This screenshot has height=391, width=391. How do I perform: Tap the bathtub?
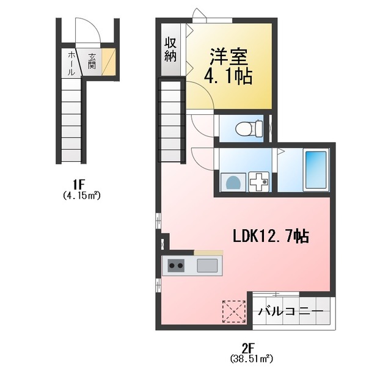pos(316,169)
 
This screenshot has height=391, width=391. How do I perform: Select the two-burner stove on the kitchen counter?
pos(177,266)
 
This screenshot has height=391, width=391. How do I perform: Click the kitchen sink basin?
pos(206,266)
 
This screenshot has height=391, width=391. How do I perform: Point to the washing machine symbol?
pos(233,181)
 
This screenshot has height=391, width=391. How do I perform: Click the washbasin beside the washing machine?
pos(259,181)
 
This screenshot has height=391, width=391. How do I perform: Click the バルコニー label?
pos(290,312)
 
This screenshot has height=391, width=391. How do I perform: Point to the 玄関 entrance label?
pos(92,61)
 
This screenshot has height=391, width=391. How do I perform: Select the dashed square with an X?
pos(233,310)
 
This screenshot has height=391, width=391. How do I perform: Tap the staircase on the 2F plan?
pos(172,119)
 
